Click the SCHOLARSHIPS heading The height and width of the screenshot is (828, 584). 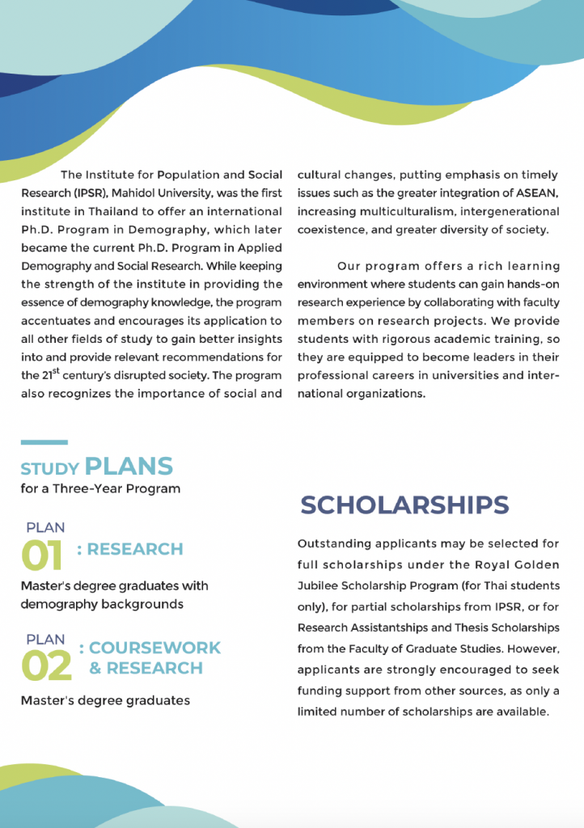pyautogui.click(x=404, y=505)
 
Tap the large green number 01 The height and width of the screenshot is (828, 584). pyautogui.click(x=41, y=556)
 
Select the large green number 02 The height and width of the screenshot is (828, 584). pyautogui.click(x=45, y=665)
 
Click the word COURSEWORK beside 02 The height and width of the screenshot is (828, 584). pyautogui.click(x=154, y=648)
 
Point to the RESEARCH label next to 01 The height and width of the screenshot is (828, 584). pyautogui.click(x=135, y=549)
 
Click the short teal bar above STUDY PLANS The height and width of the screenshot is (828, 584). pyautogui.click(x=44, y=442)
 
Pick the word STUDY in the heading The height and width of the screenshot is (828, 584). pyautogui.click(x=49, y=469)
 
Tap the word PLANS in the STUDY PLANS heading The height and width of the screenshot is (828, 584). pyautogui.click(x=129, y=467)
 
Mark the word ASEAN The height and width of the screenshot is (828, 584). pyautogui.click(x=535, y=192)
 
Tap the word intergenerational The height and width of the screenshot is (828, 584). pyautogui.click(x=510, y=211)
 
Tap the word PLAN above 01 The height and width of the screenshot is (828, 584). pyautogui.click(x=45, y=527)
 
